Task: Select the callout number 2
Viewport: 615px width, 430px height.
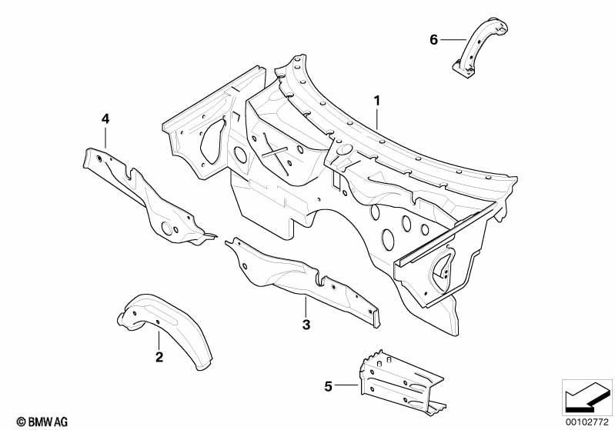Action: (x=159, y=357)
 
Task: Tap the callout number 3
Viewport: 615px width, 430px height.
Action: (x=306, y=325)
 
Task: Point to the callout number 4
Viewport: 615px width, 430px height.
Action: (x=105, y=118)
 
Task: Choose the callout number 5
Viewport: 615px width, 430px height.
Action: (x=329, y=386)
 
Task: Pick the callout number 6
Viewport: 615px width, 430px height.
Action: (x=433, y=39)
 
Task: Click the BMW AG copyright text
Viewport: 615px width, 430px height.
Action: (x=42, y=422)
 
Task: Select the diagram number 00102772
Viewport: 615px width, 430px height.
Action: (x=587, y=422)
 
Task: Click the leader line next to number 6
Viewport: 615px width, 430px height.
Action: (x=453, y=39)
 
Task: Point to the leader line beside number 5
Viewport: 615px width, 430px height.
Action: (x=346, y=385)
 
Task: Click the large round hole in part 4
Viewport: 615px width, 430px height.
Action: (x=168, y=228)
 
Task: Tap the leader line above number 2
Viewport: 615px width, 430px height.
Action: (x=159, y=340)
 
